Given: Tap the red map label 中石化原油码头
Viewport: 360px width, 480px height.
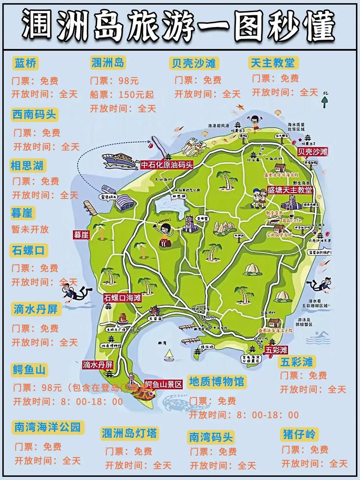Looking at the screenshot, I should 167,165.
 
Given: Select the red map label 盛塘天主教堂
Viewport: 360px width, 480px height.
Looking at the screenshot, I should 289,190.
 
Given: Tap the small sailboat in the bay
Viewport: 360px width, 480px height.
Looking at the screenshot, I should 169,355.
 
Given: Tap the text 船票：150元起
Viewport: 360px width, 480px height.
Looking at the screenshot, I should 122,95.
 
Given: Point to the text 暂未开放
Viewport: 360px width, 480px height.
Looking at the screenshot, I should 30,229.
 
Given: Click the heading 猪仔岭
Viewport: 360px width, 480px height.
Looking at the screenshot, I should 300,434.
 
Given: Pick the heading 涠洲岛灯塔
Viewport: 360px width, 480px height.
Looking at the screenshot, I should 130,433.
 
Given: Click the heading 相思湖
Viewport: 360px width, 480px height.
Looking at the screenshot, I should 27,166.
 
